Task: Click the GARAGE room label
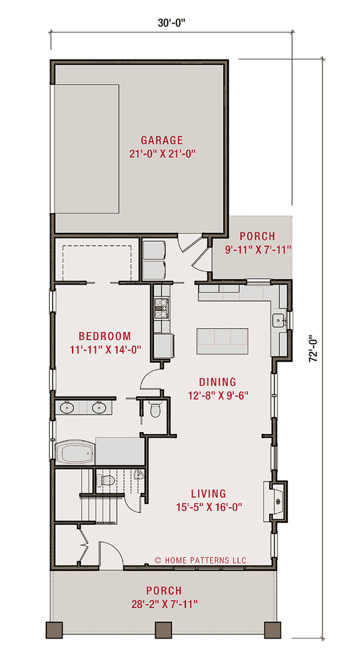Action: [162, 140]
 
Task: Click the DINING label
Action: [217, 382]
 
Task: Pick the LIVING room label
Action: [210, 494]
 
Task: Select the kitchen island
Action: [222, 338]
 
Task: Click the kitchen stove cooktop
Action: [161, 306]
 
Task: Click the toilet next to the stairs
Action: [108, 482]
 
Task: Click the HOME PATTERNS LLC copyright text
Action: [200, 560]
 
